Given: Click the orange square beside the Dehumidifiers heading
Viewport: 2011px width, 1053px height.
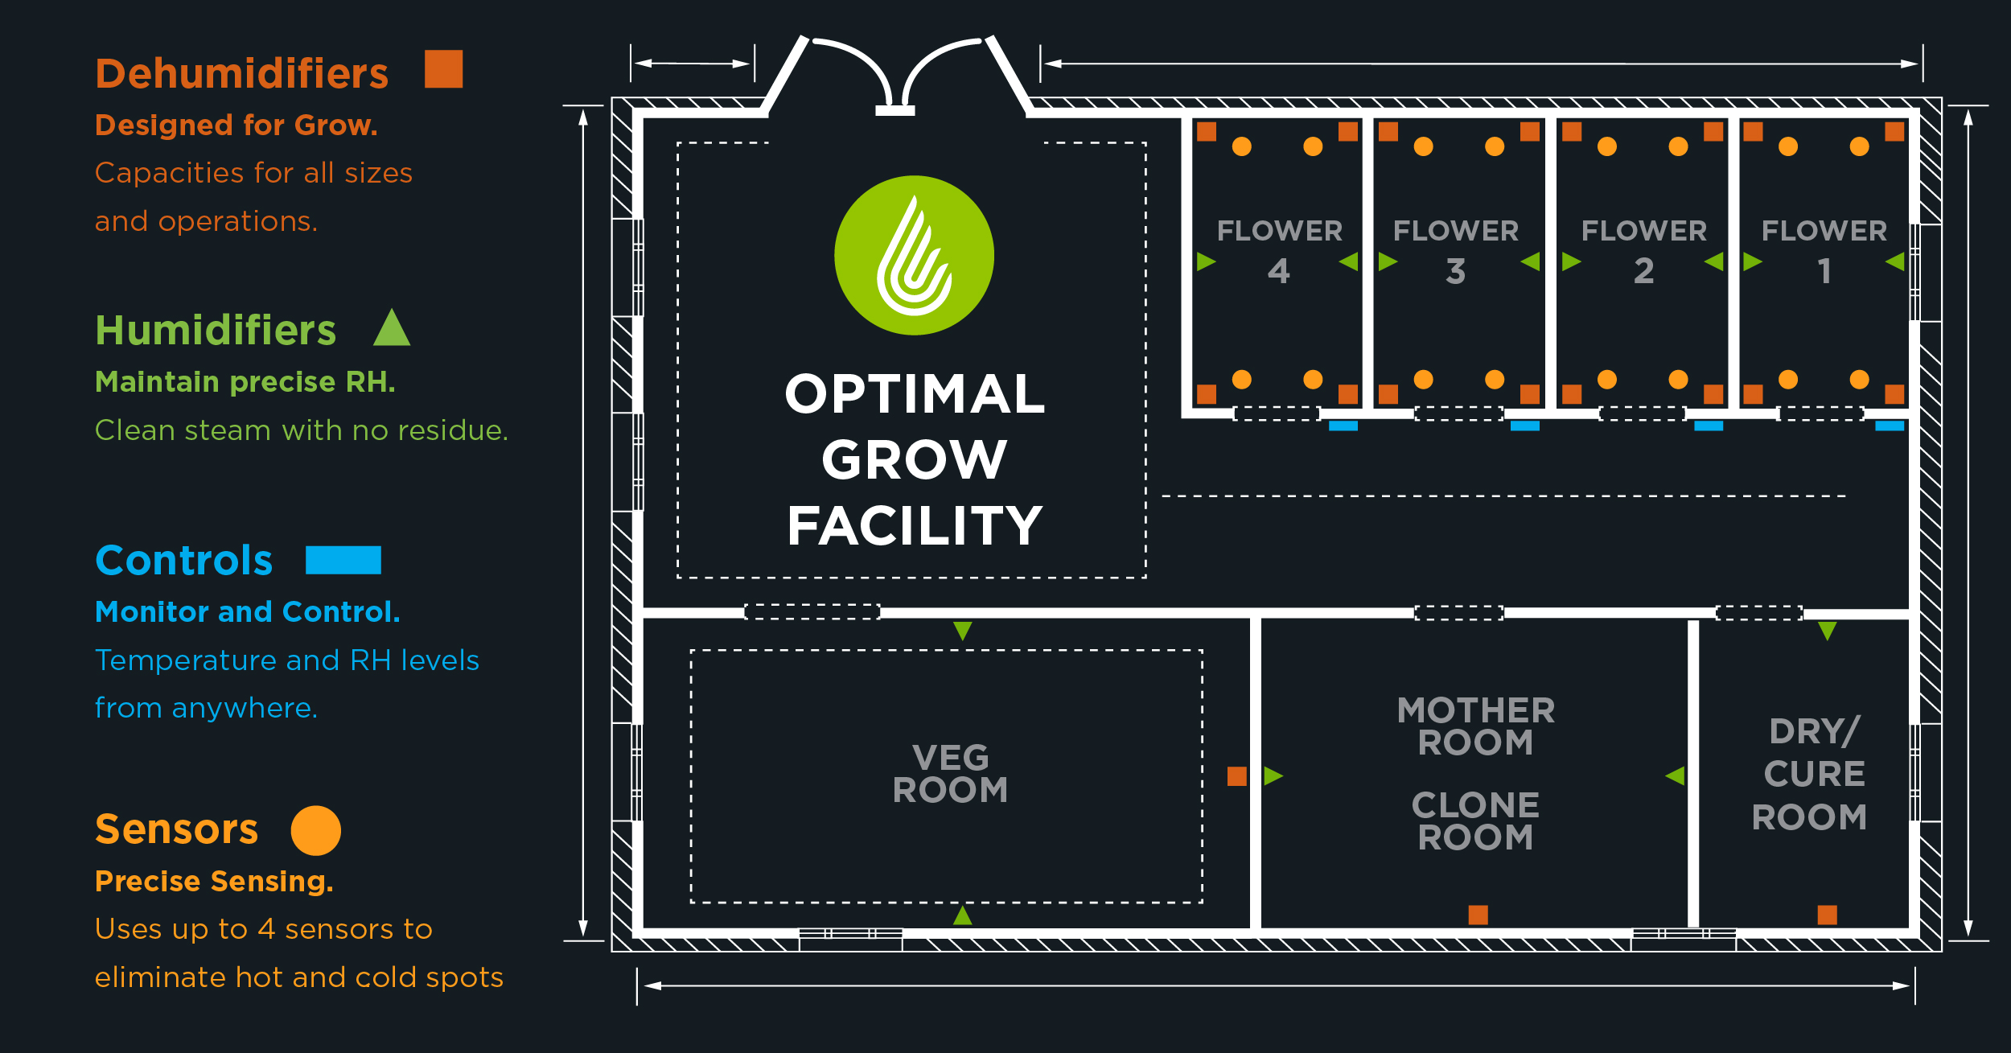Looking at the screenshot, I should pyautogui.click(x=443, y=69).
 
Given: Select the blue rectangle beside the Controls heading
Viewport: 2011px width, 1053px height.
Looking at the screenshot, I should pyautogui.click(x=343, y=560).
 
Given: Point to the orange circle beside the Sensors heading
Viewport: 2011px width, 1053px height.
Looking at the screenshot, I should pyautogui.click(x=315, y=830).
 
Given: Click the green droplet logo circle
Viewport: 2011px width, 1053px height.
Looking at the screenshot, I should pyautogui.click(x=914, y=256).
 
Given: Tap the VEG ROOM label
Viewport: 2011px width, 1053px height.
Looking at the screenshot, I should pyautogui.click(x=950, y=774).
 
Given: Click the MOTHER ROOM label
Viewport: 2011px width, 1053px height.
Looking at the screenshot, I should pyautogui.click(x=1475, y=726).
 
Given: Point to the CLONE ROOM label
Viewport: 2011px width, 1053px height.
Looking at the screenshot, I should pyautogui.click(x=1475, y=821).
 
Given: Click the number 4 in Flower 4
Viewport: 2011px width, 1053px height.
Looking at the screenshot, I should pyautogui.click(x=1278, y=271).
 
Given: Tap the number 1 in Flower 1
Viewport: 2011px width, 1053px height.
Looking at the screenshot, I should pyautogui.click(x=1824, y=271).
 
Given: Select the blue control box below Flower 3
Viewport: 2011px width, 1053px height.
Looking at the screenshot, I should pyautogui.click(x=1524, y=426).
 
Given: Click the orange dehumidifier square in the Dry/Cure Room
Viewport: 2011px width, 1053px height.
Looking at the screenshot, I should pyautogui.click(x=1827, y=915).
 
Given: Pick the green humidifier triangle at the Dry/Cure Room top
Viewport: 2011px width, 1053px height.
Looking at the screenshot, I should pyautogui.click(x=1827, y=630).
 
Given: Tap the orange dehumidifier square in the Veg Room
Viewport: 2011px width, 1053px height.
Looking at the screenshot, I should pyautogui.click(x=1236, y=776).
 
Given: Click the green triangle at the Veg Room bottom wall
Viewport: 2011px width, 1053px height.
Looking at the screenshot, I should pyautogui.click(x=962, y=915).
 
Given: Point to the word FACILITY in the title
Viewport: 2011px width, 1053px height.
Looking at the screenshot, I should pyautogui.click(x=915, y=526).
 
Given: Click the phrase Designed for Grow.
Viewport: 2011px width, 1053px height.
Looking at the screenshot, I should pyautogui.click(x=236, y=125).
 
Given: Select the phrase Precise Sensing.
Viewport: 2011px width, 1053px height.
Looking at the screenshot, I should pyautogui.click(x=213, y=882).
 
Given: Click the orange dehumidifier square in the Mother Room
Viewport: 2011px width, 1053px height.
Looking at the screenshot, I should pyautogui.click(x=1478, y=915).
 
